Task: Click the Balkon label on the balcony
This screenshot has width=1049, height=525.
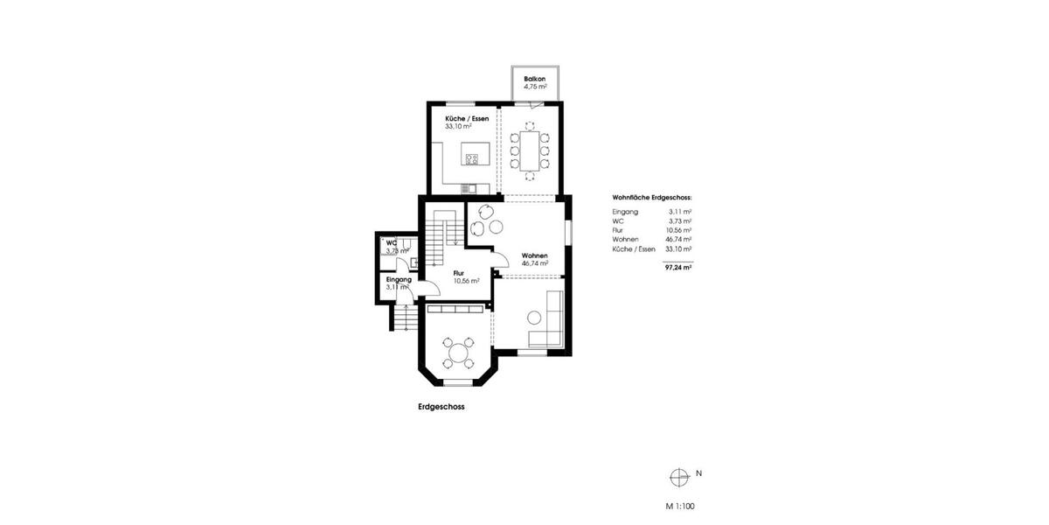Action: point(535,79)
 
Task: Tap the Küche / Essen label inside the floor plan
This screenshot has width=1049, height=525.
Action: point(467,118)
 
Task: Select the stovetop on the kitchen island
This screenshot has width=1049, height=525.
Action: point(471,159)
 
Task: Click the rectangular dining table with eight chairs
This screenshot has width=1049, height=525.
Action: point(530,150)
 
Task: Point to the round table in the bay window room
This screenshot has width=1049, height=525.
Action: point(457,354)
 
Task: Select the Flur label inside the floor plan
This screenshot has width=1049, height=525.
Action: point(458,273)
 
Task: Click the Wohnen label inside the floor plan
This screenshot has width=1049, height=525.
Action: point(534,255)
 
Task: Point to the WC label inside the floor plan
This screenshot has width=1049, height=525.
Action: point(392,243)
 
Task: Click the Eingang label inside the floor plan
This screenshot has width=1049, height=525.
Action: point(399,279)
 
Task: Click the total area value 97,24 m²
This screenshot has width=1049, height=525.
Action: point(678,269)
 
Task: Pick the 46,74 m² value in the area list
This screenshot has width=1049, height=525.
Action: point(678,239)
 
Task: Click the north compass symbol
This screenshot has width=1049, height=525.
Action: point(677,477)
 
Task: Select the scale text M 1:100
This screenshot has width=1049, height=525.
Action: point(680,506)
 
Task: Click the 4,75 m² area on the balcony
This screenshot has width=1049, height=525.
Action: point(535,87)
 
